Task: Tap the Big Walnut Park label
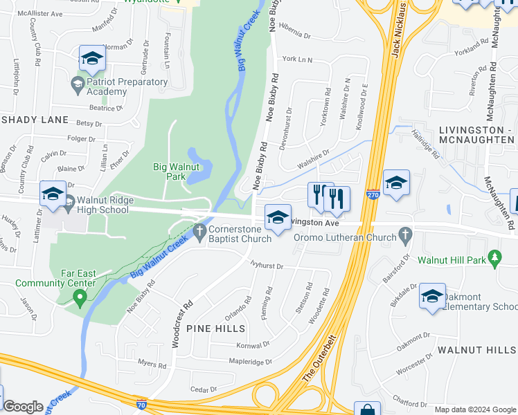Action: pos(177,172)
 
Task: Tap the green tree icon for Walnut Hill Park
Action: pos(494,259)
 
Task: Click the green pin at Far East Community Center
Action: pos(80,299)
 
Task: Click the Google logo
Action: pos(24,407)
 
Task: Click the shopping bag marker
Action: pos(367,409)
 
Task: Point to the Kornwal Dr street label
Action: pos(251,344)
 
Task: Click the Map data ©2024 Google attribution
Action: pos(474,409)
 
